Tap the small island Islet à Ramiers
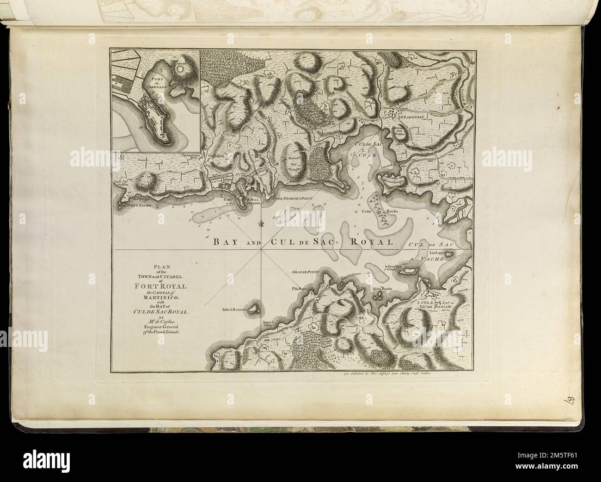point(254,308)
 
